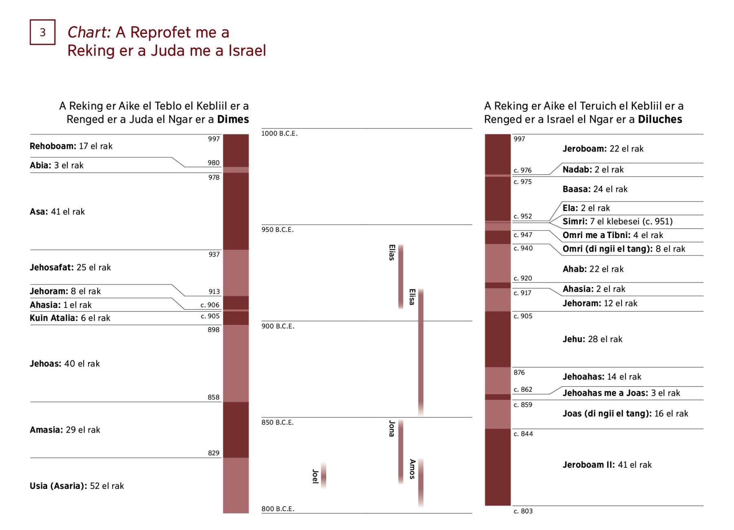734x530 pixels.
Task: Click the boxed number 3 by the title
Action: pyautogui.click(x=42, y=32)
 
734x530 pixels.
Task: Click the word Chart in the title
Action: pyautogui.click(x=89, y=32)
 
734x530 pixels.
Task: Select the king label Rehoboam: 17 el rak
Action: pyautogui.click(x=71, y=146)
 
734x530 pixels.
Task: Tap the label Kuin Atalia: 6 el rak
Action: pyautogui.click(x=70, y=318)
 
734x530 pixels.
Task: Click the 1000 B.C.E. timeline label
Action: pyautogui.click(x=279, y=134)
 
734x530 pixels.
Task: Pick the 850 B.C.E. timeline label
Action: pyautogui.click(x=278, y=422)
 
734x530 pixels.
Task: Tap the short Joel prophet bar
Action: pyautogui.click(x=323, y=475)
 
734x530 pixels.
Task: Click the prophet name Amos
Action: pyautogui.click(x=412, y=469)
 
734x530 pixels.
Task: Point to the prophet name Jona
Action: pyautogui.click(x=392, y=428)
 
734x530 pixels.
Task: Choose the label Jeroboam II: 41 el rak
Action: pyautogui.click(x=607, y=465)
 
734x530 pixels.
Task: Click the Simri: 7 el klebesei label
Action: pyautogui.click(x=617, y=221)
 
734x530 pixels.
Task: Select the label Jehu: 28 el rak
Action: pyautogui.click(x=592, y=339)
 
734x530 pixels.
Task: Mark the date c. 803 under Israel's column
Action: pyautogui.click(x=523, y=511)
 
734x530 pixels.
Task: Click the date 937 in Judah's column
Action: pyautogui.click(x=214, y=254)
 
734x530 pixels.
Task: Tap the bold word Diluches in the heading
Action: pyautogui.click(x=660, y=119)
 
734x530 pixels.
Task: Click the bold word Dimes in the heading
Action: pyautogui.click(x=233, y=119)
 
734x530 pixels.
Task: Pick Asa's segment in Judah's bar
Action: pyautogui.click(x=236, y=211)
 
